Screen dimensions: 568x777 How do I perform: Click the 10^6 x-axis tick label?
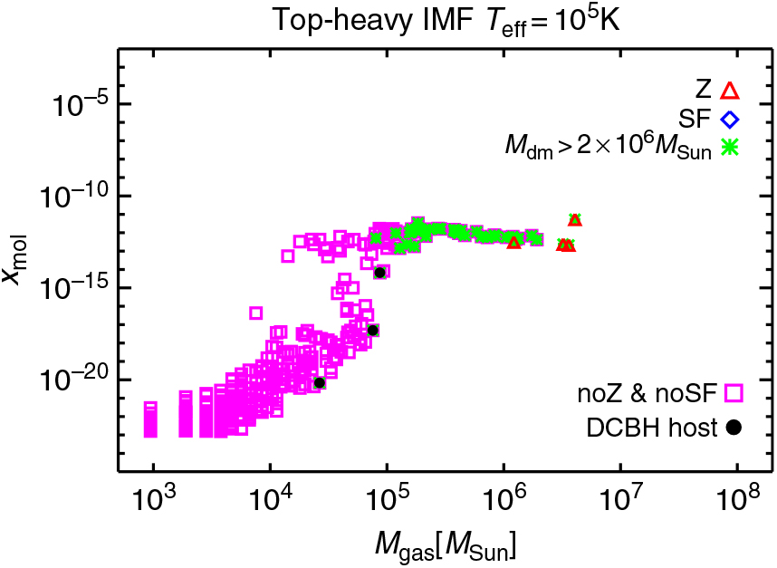point(504,500)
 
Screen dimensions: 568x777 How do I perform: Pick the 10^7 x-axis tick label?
point(620,500)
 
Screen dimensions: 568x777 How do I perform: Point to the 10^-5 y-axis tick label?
point(75,104)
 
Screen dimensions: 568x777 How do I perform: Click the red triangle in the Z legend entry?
point(731,90)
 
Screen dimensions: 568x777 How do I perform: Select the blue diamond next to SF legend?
point(731,118)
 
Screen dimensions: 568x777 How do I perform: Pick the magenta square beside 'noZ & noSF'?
point(733,392)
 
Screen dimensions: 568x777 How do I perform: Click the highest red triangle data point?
point(574,219)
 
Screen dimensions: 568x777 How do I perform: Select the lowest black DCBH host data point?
point(319,382)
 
